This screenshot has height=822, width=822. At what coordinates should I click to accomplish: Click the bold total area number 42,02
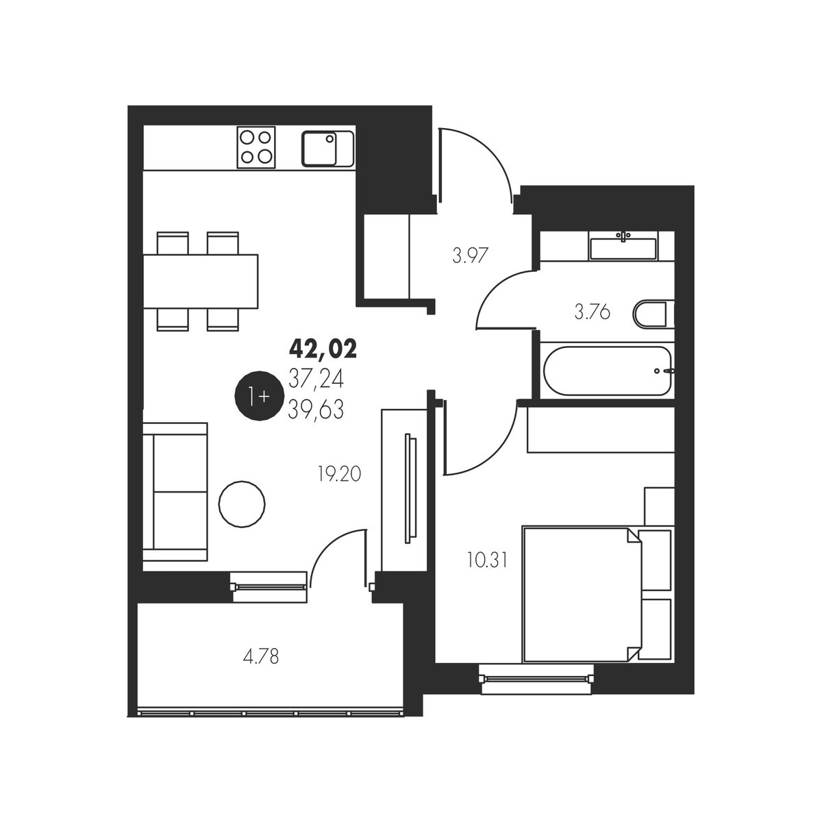pyautogui.click(x=323, y=349)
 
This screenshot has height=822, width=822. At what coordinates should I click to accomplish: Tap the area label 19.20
pyautogui.click(x=340, y=474)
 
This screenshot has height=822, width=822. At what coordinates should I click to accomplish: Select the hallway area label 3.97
pyautogui.click(x=470, y=256)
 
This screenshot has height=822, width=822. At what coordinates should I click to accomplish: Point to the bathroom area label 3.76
pyautogui.click(x=592, y=312)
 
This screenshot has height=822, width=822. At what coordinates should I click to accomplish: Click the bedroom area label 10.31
pyautogui.click(x=487, y=560)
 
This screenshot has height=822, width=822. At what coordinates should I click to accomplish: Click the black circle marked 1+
pyautogui.click(x=260, y=397)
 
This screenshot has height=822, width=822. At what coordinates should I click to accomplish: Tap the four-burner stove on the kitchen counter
pyautogui.click(x=256, y=147)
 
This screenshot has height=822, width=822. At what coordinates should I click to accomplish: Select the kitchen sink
pyautogui.click(x=327, y=148)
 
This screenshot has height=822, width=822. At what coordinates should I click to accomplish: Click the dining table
pyautogui.click(x=201, y=282)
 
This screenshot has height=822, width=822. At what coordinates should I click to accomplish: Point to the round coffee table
pyautogui.click(x=242, y=504)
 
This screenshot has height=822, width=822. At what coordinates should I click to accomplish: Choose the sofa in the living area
pyautogui.click(x=175, y=491)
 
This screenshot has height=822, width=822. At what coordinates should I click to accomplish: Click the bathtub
pyautogui.click(x=608, y=371)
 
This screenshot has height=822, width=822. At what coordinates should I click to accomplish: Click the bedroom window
pyautogui.click(x=536, y=678)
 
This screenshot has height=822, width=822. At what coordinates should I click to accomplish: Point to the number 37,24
pyautogui.click(x=316, y=379)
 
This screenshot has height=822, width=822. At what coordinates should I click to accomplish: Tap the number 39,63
pyautogui.click(x=316, y=411)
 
